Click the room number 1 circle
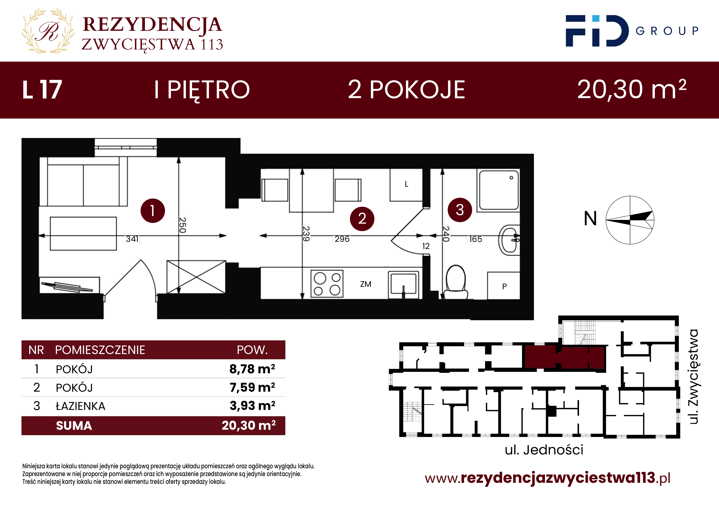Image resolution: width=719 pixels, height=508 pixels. (152, 210)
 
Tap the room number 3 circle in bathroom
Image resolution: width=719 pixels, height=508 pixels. (460, 210)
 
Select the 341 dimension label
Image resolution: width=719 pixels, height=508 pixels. (132, 239)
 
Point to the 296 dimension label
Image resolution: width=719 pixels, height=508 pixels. (342, 239)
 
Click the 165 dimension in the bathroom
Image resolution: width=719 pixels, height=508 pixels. (475, 239)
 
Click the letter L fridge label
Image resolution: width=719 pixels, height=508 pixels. (406, 184)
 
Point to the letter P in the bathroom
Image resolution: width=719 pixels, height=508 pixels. (504, 286)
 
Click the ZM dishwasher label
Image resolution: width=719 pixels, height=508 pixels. (365, 284)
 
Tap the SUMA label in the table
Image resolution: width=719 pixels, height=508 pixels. (74, 426)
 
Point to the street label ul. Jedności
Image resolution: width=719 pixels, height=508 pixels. (544, 450)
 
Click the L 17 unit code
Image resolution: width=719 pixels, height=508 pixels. (42, 90)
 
